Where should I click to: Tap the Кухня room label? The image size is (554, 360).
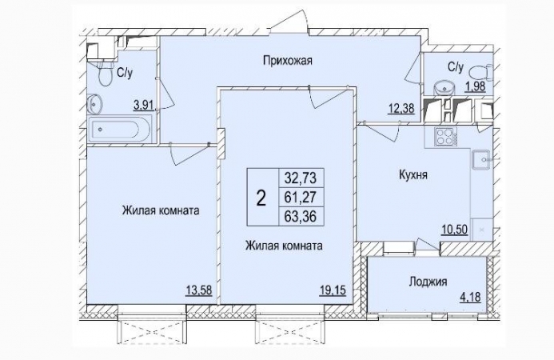click(413, 173)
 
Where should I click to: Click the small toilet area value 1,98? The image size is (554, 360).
click(475, 84)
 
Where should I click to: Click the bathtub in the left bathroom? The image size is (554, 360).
click(120, 130)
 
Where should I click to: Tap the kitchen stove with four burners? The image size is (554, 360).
click(444, 137)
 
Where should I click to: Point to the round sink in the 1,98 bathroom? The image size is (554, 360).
click(440, 86)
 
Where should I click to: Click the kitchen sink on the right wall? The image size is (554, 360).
click(482, 161)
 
